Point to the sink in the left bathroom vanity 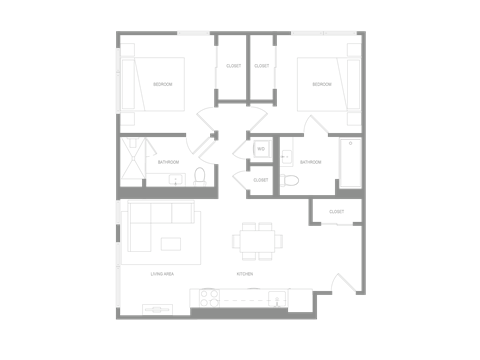coord(176,179)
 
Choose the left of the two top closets coord(232,68)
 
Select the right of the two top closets coord(262,68)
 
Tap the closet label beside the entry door coord(336,211)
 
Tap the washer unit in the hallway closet coord(261,149)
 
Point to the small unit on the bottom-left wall coord(157,309)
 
